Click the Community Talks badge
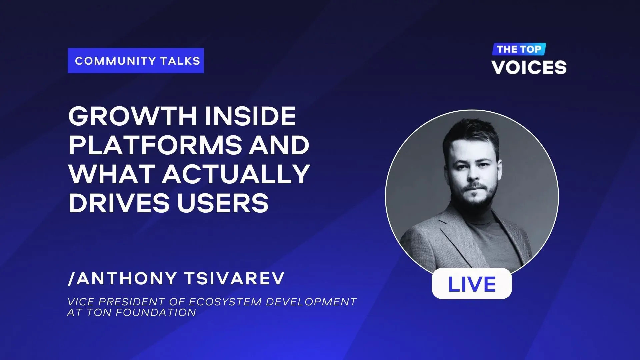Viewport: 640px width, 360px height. (x=136, y=61)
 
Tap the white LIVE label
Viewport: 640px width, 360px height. (x=472, y=284)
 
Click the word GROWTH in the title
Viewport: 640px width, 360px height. (x=133, y=116)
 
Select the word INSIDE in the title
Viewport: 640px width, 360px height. (x=250, y=116)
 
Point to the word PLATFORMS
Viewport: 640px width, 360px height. (x=155, y=145)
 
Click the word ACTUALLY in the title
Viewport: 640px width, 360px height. (x=236, y=174)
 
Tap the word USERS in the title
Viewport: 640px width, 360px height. (x=223, y=203)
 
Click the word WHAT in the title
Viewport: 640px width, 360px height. (x=112, y=174)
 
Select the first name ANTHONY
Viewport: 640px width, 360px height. (x=127, y=278)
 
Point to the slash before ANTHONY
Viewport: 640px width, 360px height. (x=72, y=278)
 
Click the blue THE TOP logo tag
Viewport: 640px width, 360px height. (x=519, y=49)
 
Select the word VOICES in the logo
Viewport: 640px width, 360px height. (x=529, y=67)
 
